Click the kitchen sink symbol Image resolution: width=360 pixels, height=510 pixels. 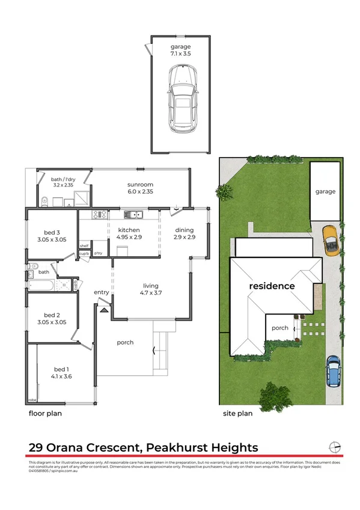(x=132, y=214)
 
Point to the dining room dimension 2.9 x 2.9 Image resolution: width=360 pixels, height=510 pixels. (x=185, y=238)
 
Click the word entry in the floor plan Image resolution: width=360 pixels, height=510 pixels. (x=101, y=292)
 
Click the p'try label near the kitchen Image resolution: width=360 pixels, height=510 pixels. (x=98, y=253)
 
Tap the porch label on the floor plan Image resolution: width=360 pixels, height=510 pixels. (x=125, y=342)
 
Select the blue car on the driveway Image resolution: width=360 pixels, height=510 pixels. (x=333, y=370)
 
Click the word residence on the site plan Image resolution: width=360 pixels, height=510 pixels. (x=272, y=286)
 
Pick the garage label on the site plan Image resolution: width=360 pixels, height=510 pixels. (x=325, y=191)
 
